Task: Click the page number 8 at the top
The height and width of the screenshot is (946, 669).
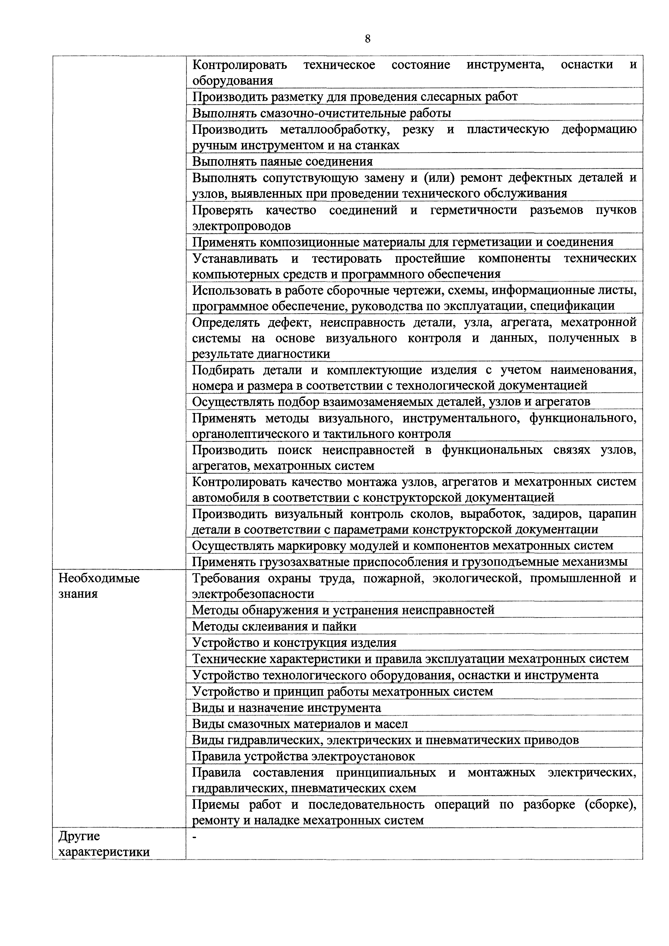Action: [368, 39]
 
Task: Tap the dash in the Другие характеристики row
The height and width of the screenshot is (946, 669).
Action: [195, 837]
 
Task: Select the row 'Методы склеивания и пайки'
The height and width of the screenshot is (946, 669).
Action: [274, 626]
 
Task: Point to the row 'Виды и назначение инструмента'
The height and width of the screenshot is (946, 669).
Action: [286, 708]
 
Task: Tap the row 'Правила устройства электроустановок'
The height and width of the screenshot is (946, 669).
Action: [303, 756]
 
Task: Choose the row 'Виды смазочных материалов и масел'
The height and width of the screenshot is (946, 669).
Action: [300, 724]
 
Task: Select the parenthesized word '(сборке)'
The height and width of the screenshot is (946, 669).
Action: [610, 804]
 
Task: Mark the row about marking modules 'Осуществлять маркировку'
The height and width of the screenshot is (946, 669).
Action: [403, 545]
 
